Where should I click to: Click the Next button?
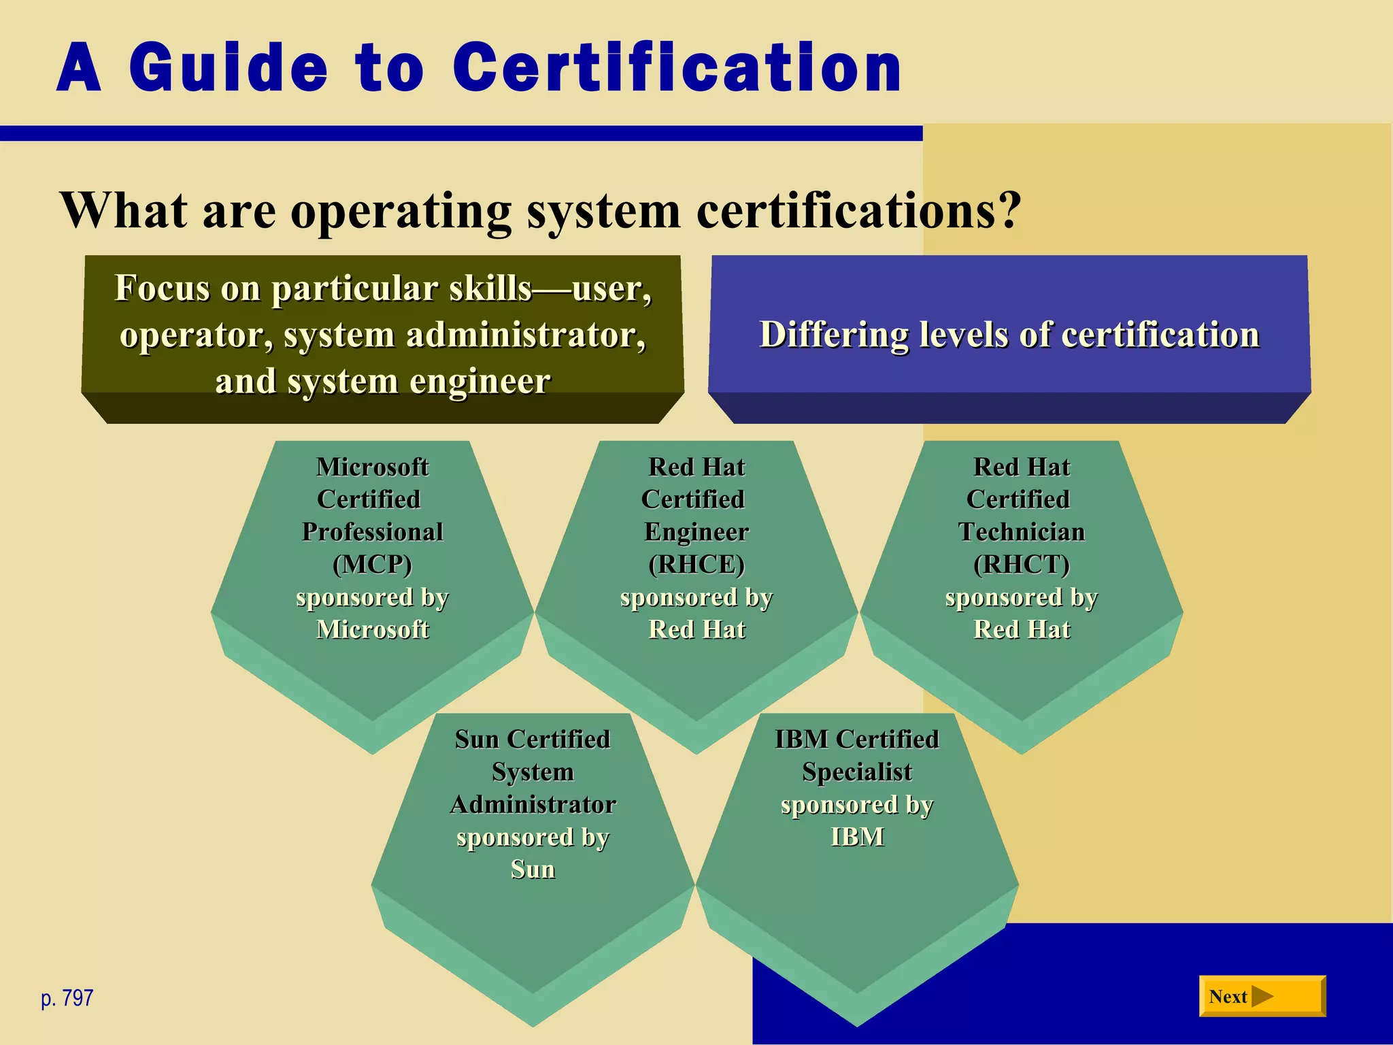coord(1262,997)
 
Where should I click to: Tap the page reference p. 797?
coord(67,998)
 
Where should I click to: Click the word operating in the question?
coord(401,211)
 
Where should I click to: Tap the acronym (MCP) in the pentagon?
coord(372,564)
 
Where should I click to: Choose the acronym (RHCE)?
coord(696,564)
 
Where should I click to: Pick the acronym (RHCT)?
coord(1022,564)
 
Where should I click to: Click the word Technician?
coord(1022,531)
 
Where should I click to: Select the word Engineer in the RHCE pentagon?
coord(696,531)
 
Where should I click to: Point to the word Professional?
coord(372,531)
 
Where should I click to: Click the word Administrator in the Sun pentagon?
coord(533,804)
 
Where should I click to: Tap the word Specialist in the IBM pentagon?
coord(857,772)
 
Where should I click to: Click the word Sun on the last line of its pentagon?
coord(533,869)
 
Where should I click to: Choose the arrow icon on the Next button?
coord(1262,997)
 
